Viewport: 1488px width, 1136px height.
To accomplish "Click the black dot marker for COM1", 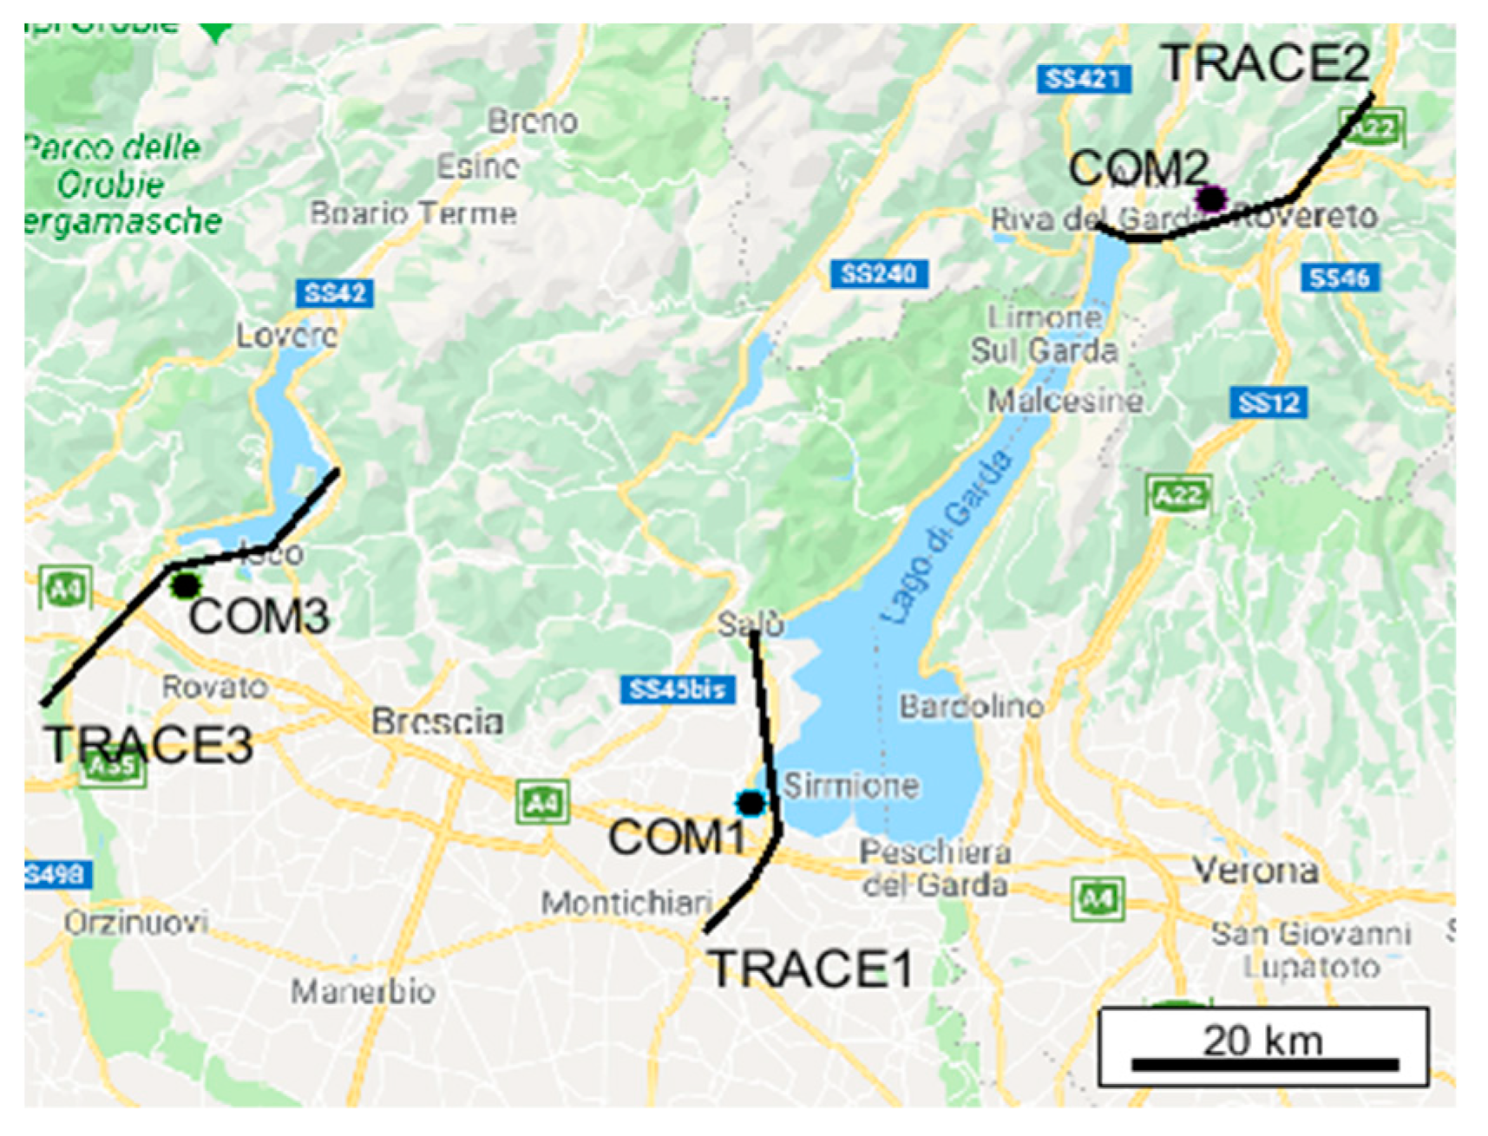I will coord(751,803).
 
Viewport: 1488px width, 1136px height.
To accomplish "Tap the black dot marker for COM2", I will coord(1210,199).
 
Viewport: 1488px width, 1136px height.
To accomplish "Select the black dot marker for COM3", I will coord(185,585).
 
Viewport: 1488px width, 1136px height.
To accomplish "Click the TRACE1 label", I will coord(811,969).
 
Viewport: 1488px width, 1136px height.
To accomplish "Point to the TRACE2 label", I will coord(1266,63).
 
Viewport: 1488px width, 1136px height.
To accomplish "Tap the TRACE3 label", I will coord(149,744).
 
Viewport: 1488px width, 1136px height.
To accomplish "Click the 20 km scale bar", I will coord(1263,1063).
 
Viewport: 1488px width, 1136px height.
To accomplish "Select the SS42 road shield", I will coord(335,293).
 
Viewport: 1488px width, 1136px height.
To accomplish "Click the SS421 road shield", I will coord(1084,79).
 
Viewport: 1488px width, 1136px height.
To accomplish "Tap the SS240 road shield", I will coord(879,275).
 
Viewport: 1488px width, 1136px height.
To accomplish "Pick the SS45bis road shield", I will coord(678,689).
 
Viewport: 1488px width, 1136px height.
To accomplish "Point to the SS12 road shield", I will coord(1268,403).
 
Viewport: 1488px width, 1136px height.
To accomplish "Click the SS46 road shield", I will coord(1340,278).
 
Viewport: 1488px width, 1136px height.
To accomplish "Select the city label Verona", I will coord(1255,869).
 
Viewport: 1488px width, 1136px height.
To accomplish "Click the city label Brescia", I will coord(437,721).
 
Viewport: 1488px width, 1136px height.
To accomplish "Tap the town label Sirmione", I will coord(851,786).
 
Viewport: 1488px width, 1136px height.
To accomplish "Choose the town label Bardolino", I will coord(972,706).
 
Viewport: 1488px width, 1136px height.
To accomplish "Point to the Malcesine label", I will coord(1065,401).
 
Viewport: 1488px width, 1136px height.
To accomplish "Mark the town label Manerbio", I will coord(363,990).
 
